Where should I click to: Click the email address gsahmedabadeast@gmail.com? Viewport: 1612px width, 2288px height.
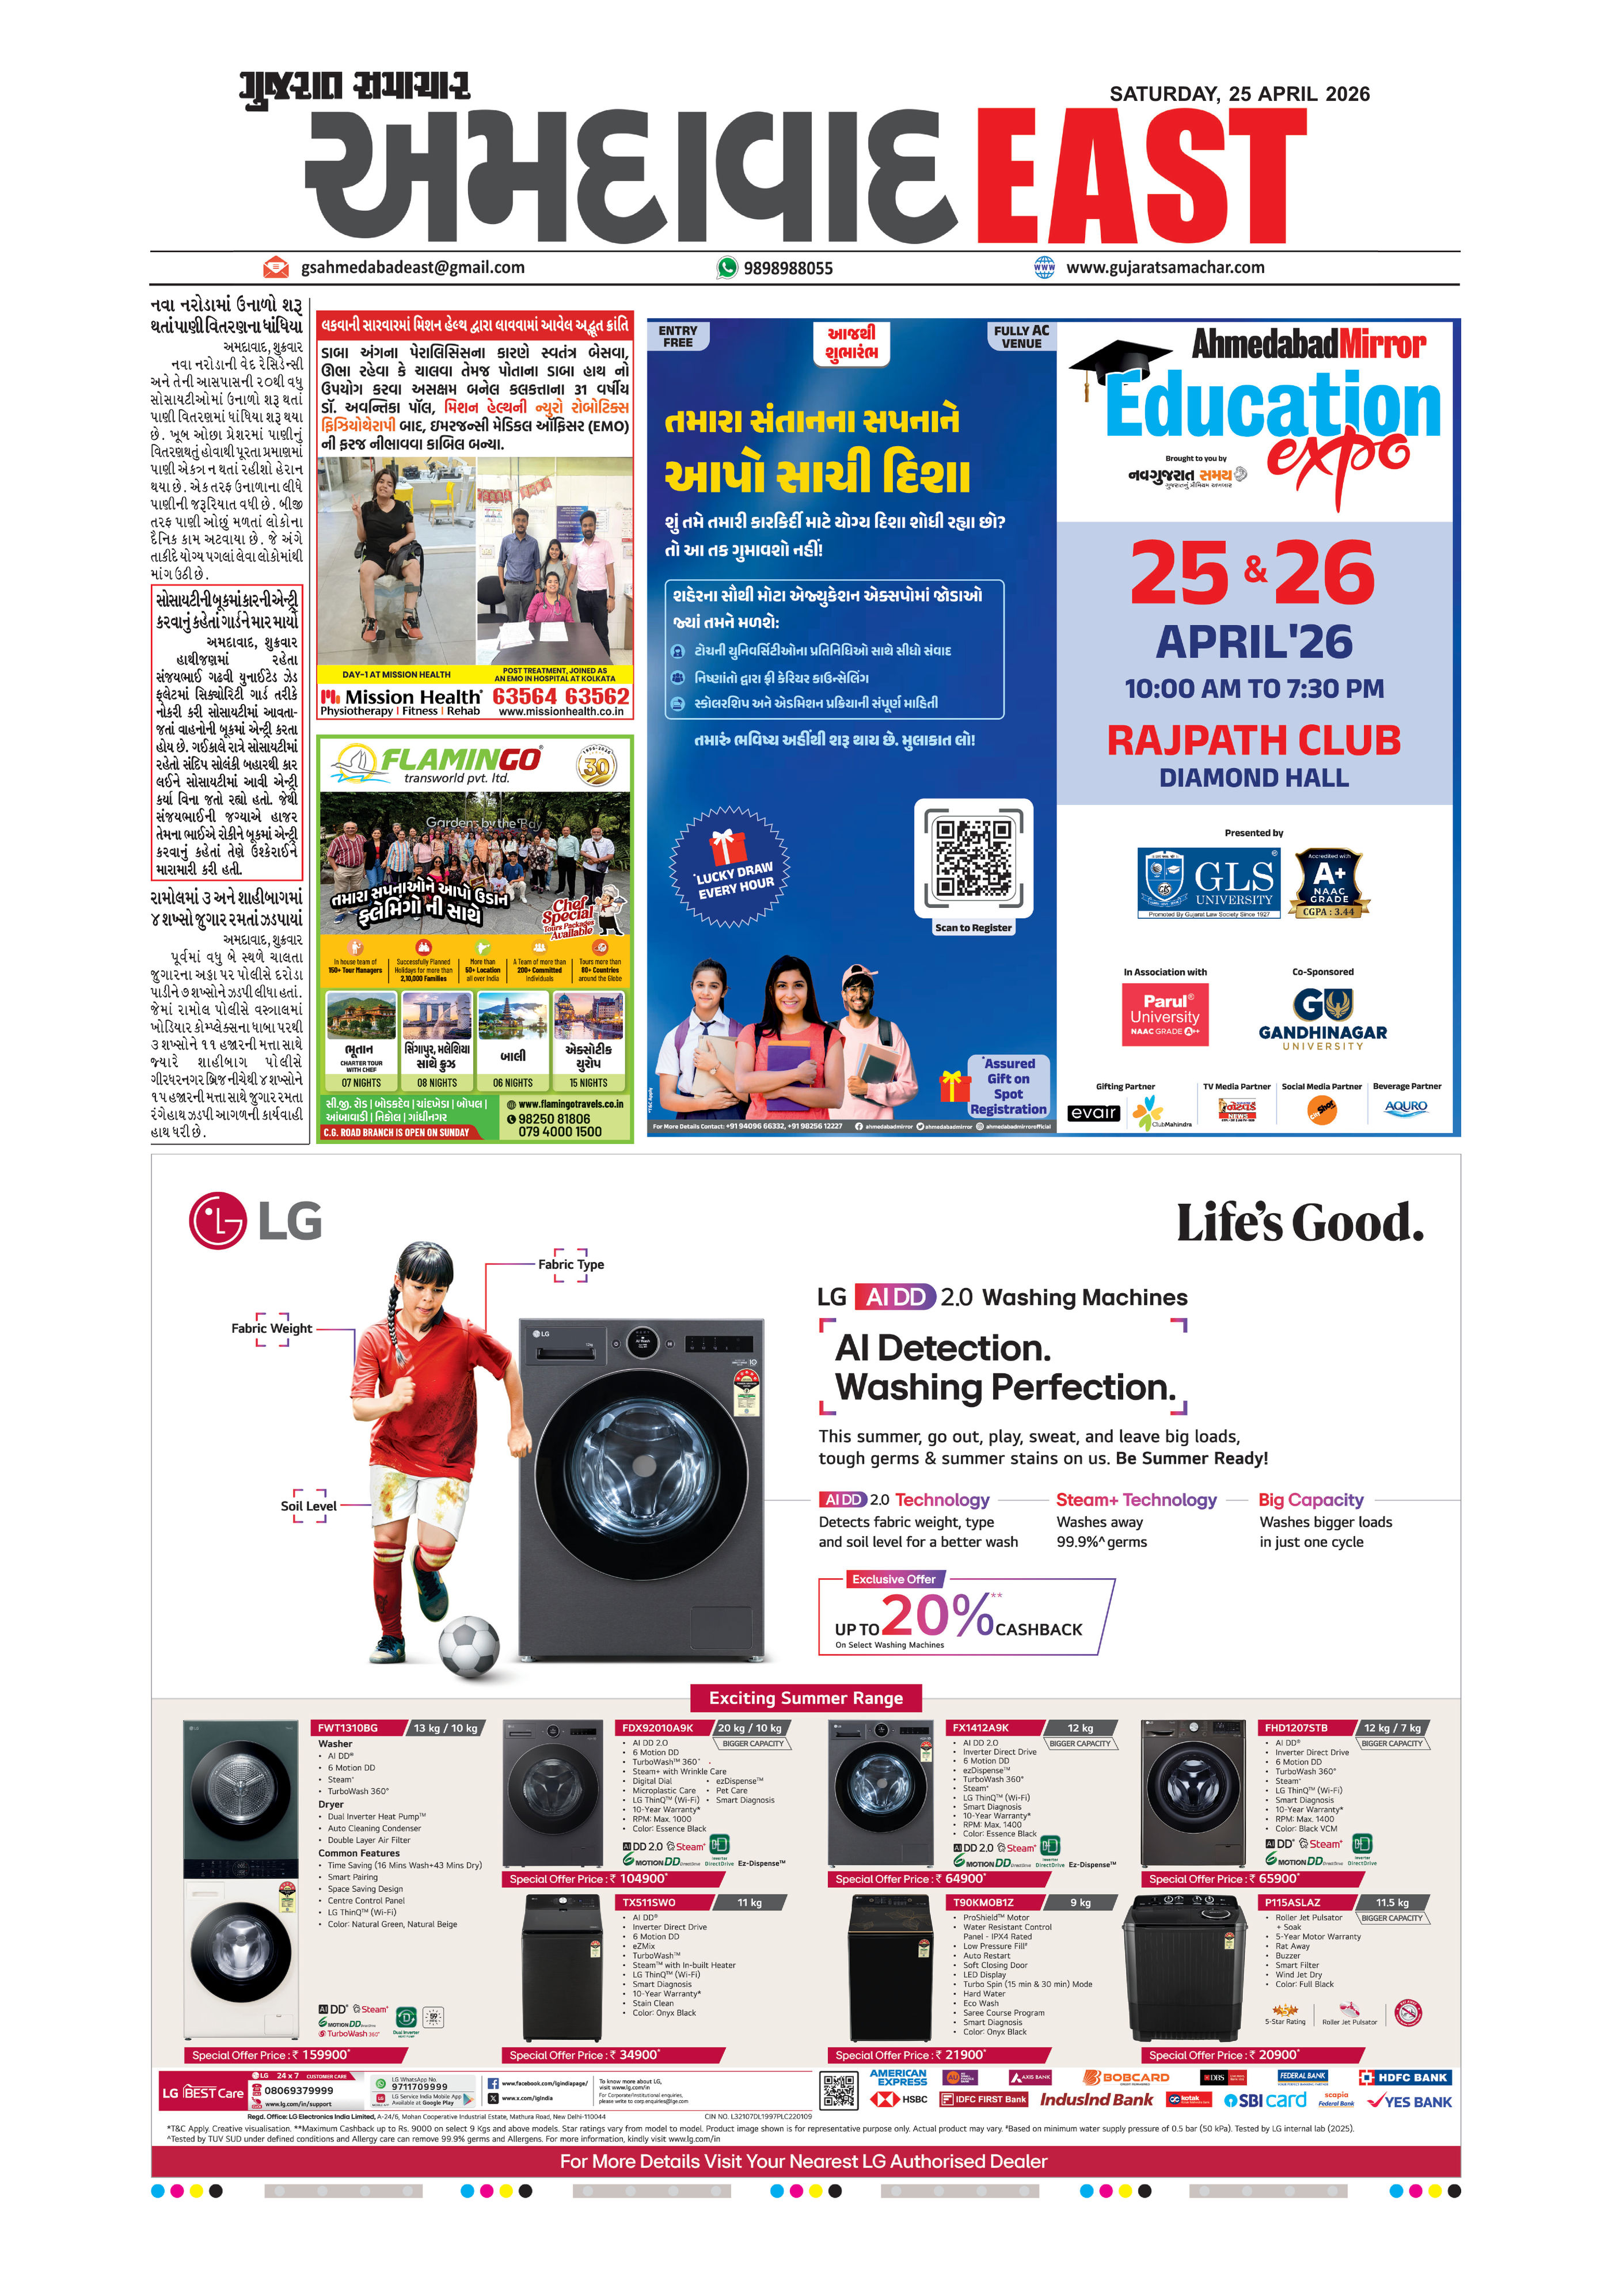(412, 267)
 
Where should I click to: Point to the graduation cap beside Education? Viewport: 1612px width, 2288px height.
(1116, 364)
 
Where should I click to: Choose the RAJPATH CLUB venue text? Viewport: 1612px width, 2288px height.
(1253, 740)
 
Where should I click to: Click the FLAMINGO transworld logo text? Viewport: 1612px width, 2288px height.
(461, 761)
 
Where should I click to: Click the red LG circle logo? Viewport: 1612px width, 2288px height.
(217, 1220)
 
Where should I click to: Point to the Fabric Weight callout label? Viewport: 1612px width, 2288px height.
(271, 1328)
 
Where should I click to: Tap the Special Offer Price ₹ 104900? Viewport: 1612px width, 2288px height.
(588, 1879)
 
